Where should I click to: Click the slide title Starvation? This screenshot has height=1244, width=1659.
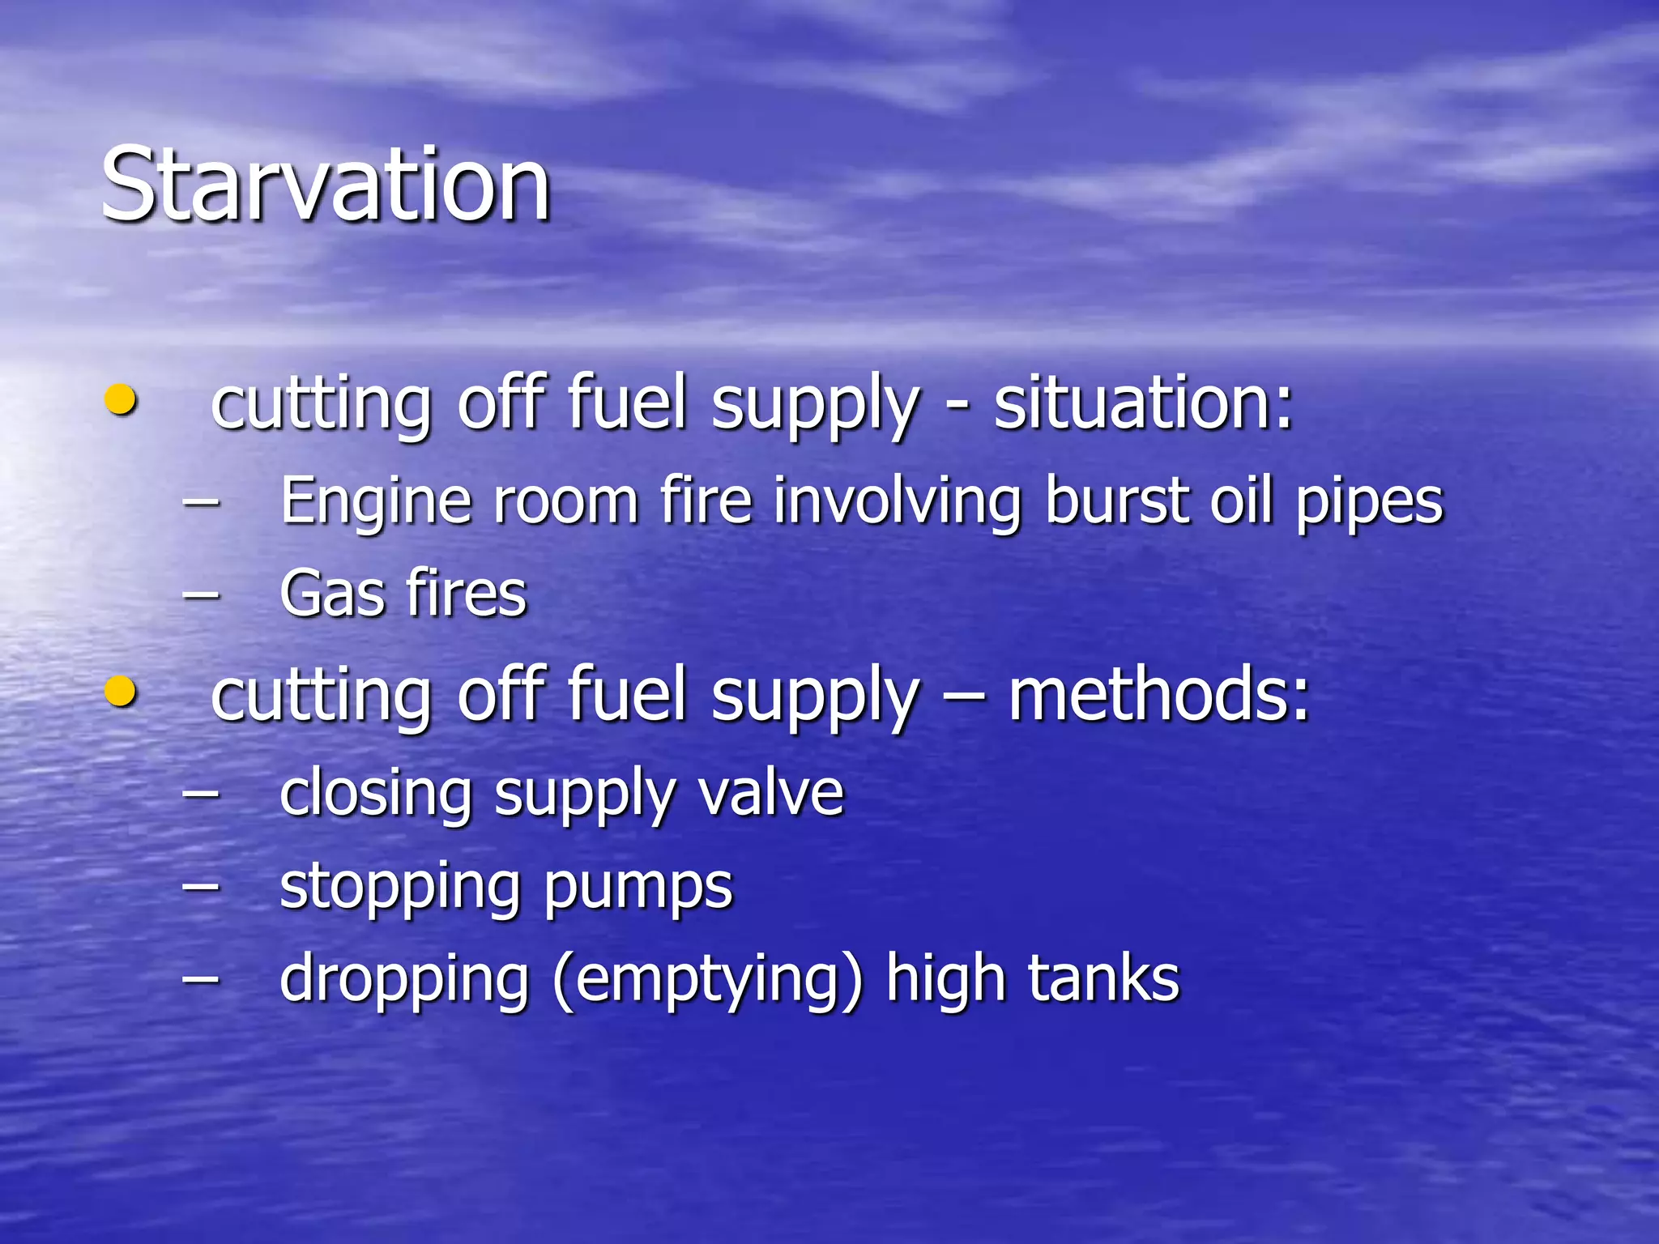tap(326, 185)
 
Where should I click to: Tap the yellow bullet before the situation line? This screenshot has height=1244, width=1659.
tap(121, 400)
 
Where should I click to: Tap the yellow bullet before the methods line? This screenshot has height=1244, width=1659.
tap(121, 692)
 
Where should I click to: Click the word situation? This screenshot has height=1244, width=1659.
tap(1142, 403)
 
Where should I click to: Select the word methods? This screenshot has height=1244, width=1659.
tap(1158, 695)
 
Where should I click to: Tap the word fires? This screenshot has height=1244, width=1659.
tap(467, 594)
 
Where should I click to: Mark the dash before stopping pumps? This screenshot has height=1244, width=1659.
tap(202, 886)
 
